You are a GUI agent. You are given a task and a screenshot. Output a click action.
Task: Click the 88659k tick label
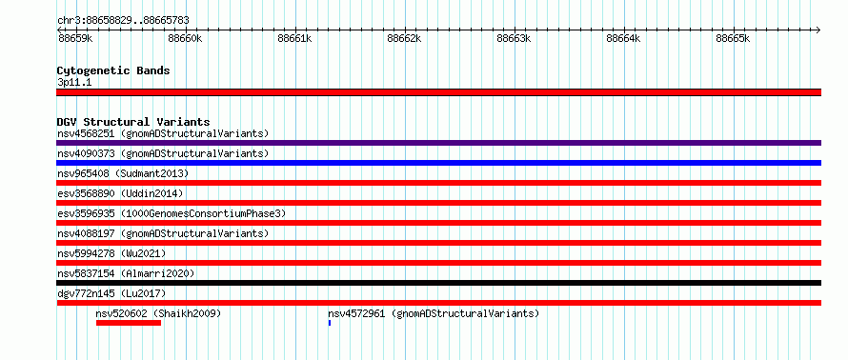pyautogui.click(x=75, y=38)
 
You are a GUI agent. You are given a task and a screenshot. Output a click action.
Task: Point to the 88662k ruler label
pyautogui.click(x=404, y=38)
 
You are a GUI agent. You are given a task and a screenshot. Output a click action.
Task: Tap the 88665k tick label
pyautogui.click(x=733, y=38)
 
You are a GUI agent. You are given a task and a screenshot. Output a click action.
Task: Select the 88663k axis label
pyautogui.click(x=514, y=38)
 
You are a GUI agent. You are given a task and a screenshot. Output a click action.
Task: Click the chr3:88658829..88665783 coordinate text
pyautogui.click(x=123, y=21)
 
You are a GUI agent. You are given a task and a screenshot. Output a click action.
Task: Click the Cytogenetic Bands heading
pyautogui.click(x=113, y=70)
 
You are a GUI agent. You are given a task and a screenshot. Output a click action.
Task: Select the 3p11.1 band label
pyautogui.click(x=74, y=83)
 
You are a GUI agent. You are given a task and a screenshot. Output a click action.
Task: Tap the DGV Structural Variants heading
pyautogui.click(x=133, y=122)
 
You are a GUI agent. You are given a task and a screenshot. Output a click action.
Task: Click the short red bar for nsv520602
pyautogui.click(x=129, y=323)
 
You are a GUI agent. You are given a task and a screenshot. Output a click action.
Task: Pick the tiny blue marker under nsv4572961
pyautogui.click(x=330, y=323)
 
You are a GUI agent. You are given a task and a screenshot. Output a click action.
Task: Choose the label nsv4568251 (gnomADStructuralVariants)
pyautogui.click(x=163, y=133)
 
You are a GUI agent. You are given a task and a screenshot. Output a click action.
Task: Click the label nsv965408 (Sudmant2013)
pyautogui.click(x=123, y=173)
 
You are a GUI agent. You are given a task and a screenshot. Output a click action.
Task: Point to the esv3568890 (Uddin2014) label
pyautogui.click(x=120, y=193)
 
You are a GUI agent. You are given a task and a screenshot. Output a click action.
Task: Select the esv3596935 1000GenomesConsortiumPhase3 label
pyautogui.click(x=172, y=213)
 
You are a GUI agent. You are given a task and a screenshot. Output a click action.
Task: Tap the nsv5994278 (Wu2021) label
pyautogui.click(x=111, y=253)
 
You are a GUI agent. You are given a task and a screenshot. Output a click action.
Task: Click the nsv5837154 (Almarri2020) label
pyautogui.click(x=126, y=273)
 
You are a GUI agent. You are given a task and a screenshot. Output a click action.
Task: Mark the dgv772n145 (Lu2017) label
pyautogui.click(x=111, y=293)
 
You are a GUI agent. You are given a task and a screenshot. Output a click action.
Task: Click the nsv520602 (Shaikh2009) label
pyautogui.click(x=158, y=313)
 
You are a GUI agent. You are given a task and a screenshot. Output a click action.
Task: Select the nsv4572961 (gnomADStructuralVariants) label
pyautogui.click(x=434, y=313)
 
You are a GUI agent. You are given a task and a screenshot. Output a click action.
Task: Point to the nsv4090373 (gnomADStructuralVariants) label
pyautogui.click(x=163, y=153)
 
